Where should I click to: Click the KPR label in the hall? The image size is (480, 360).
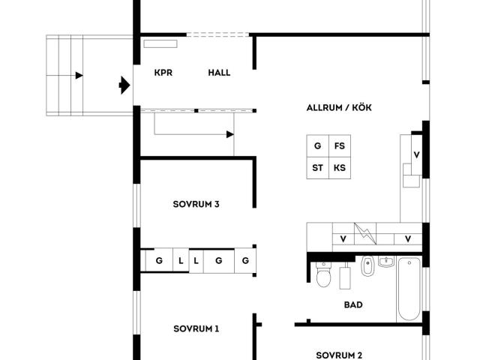(163, 73)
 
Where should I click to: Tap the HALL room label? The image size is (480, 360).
(219, 73)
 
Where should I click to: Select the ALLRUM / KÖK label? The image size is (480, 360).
(339, 108)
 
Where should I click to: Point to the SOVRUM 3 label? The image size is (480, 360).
(196, 204)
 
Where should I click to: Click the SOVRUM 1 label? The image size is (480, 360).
(196, 328)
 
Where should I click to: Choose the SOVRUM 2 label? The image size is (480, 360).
(339, 355)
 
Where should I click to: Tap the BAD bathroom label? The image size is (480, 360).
(353, 305)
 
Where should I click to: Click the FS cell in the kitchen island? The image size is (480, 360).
(340, 146)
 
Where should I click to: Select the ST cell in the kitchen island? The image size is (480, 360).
(318, 168)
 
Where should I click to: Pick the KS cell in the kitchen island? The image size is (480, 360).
(340, 168)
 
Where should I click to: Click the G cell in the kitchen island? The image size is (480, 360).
(318, 146)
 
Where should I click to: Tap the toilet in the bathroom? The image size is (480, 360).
(323, 274)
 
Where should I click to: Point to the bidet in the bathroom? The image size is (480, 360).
(367, 265)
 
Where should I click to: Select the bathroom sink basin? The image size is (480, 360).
(386, 262)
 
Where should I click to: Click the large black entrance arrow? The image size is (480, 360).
(124, 85)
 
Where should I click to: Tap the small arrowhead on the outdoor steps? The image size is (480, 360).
(79, 75)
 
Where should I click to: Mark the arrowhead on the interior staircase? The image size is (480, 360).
(230, 134)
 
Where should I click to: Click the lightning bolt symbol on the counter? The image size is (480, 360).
(365, 233)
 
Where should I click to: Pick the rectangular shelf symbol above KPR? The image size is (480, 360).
(160, 43)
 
